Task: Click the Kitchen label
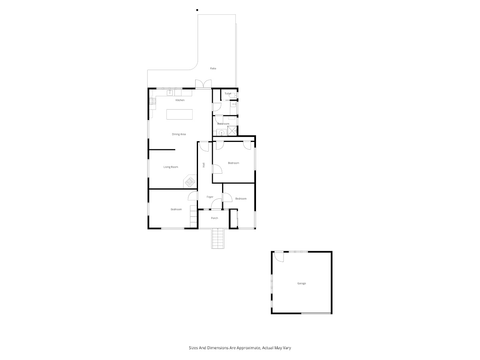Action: [x=180, y=100]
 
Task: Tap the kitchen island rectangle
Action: [x=180, y=114]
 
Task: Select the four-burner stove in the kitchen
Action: [x=152, y=101]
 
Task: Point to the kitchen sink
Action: [x=170, y=93]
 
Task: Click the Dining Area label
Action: [x=179, y=134]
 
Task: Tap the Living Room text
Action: [x=170, y=167]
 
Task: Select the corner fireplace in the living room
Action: [x=190, y=181]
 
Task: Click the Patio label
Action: [x=213, y=68]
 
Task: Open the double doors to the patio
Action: [x=203, y=84]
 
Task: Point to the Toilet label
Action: [x=228, y=94]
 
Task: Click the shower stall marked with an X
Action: [x=232, y=131]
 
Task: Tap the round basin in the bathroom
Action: [x=222, y=133]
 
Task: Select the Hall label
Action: [x=204, y=165]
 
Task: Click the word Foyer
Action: [x=210, y=197]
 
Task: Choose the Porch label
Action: [x=214, y=218]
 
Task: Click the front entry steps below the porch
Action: [x=218, y=238]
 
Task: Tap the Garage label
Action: [x=302, y=284]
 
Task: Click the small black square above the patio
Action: [x=197, y=10]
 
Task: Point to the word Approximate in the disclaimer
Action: [x=249, y=348]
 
